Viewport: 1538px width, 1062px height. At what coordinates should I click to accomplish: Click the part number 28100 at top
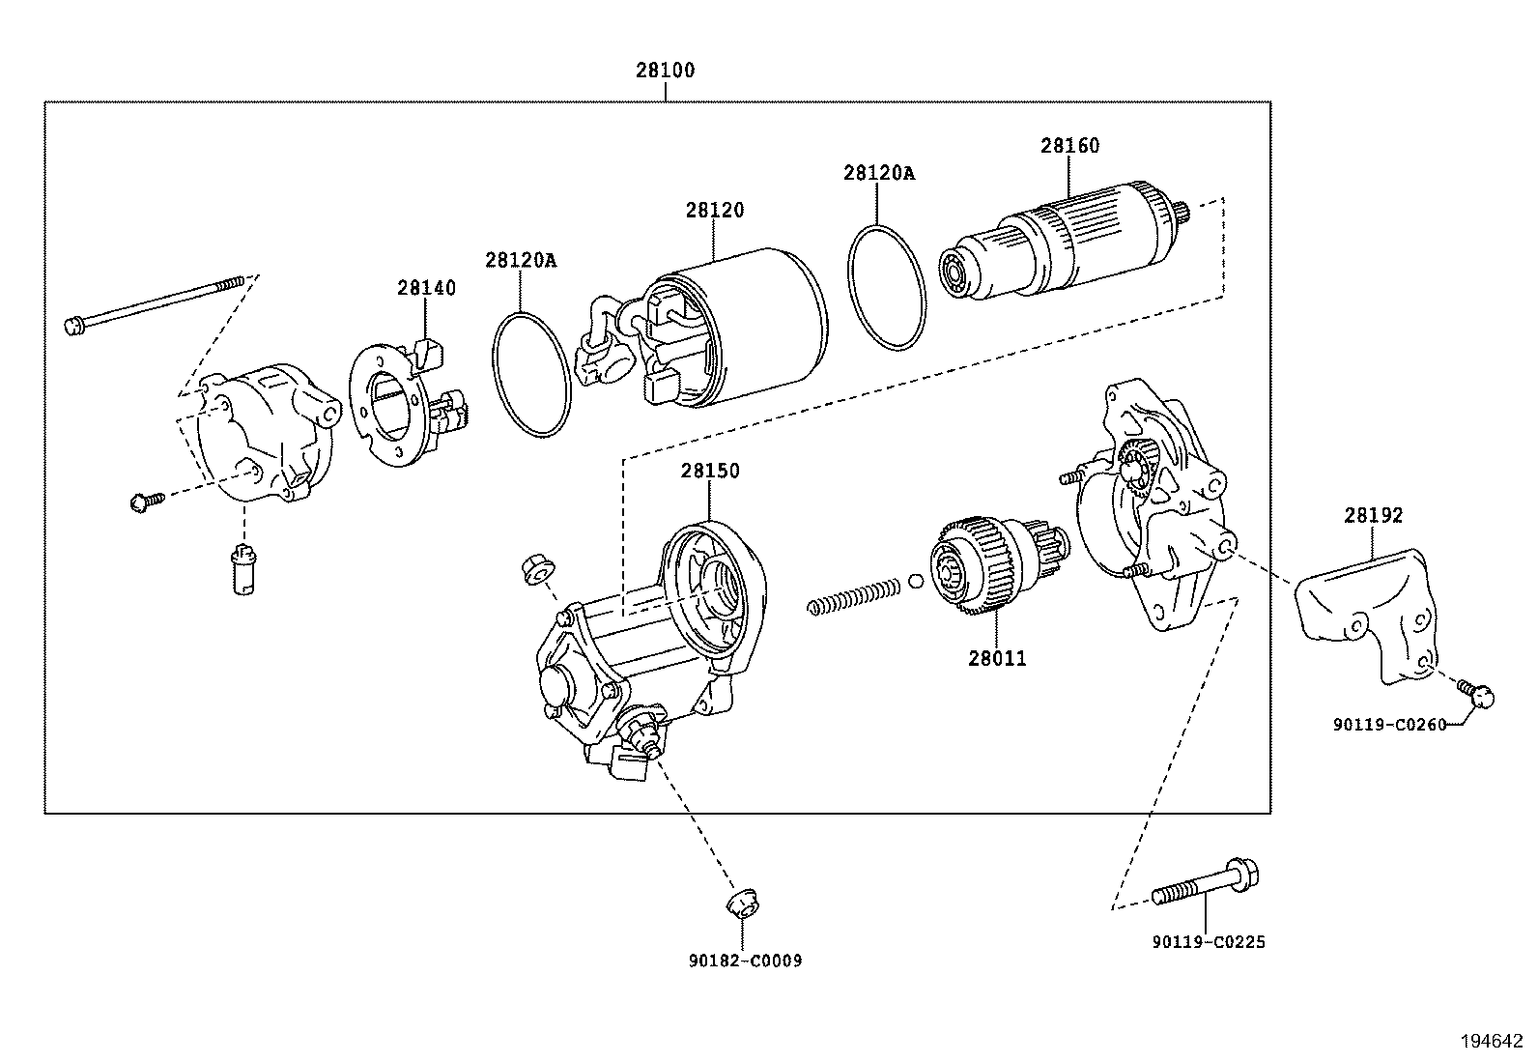[665, 71]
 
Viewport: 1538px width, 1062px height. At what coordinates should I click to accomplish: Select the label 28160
[1069, 146]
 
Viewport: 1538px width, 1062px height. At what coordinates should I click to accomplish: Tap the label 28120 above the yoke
[715, 210]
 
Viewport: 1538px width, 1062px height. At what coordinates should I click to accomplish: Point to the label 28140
[426, 288]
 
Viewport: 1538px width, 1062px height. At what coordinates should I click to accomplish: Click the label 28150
[709, 471]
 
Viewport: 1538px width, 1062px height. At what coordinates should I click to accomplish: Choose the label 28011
[997, 659]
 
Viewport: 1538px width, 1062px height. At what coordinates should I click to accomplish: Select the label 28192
[1372, 516]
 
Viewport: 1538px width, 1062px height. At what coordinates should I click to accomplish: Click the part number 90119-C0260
[1389, 725]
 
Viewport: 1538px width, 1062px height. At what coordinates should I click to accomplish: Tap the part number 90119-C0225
[1208, 942]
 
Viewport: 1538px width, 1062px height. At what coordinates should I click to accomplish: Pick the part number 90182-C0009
[744, 961]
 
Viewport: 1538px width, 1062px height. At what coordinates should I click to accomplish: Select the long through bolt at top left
[155, 303]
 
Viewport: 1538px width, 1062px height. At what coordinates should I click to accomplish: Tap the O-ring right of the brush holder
[531, 373]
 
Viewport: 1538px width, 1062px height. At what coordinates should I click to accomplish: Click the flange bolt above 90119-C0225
[1208, 884]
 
